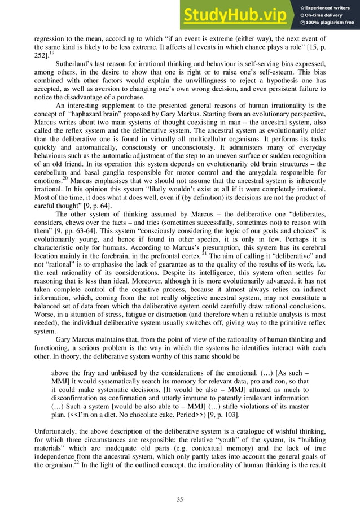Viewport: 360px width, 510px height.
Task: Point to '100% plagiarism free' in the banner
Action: (x=330, y=23)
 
